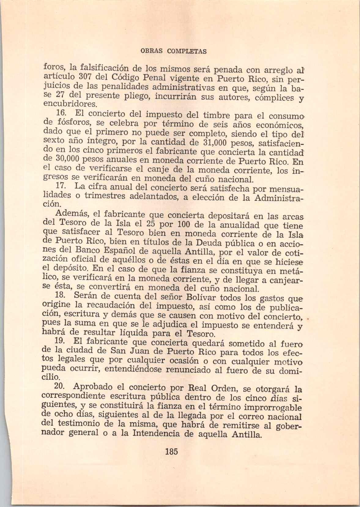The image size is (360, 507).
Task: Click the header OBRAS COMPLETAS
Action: click(x=173, y=51)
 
